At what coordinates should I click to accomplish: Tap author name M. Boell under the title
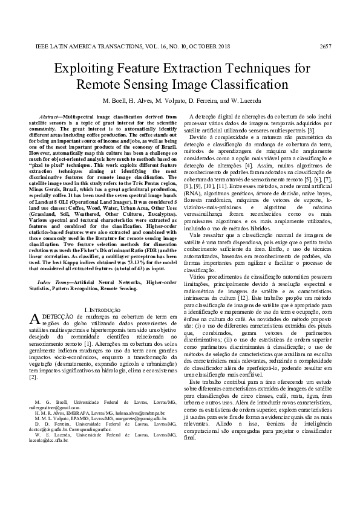117,100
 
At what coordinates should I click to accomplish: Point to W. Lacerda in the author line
242,100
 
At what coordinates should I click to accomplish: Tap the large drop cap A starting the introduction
34,320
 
